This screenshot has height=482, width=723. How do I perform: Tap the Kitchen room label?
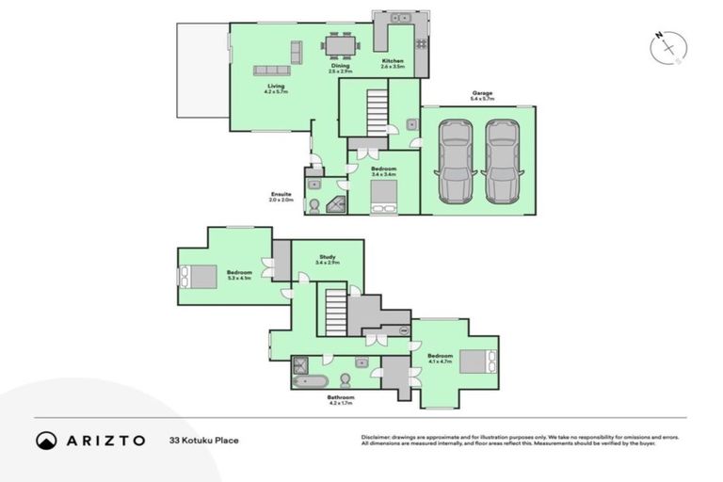click(393, 63)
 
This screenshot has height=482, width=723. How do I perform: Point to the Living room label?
click(276, 88)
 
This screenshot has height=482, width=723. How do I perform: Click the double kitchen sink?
click(397, 17)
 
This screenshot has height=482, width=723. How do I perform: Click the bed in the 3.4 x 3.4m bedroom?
click(383, 197)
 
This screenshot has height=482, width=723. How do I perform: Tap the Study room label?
click(328, 256)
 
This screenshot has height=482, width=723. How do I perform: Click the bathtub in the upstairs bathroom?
click(310, 382)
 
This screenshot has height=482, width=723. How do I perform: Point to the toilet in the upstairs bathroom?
click(345, 379)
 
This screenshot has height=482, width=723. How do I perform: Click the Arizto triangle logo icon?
click(46, 440)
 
